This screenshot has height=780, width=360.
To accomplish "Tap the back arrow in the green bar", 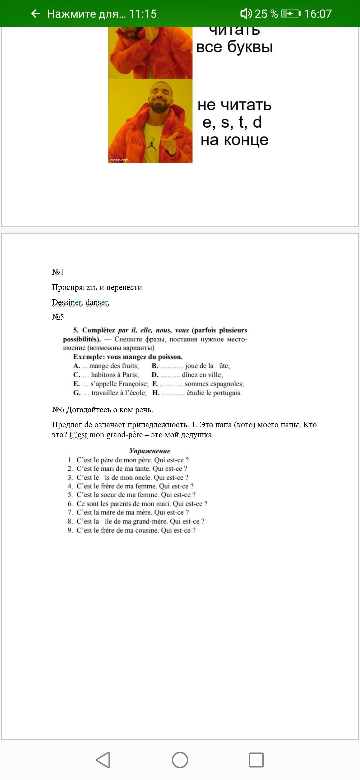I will pos(35,14).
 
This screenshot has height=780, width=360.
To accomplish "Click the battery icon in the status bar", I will pos(290,14).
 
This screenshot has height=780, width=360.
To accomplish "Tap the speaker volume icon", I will pos(246,14).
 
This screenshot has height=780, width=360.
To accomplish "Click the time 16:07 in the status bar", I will pos(318,14).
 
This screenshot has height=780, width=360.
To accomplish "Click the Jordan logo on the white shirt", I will pos(152,144).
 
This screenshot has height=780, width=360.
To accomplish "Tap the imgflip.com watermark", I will pos(119,160).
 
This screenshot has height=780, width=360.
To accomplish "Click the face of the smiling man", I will pos(161,97).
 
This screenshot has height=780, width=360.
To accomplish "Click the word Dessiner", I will pos(67,302).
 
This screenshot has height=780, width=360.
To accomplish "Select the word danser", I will pos(97,302).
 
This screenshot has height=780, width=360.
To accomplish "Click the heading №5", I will pos(58,317).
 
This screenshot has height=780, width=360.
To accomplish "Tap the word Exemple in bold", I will pos(89,357).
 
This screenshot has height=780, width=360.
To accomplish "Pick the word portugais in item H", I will pos(227,393).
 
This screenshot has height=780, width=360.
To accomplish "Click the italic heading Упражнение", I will pos(150,451).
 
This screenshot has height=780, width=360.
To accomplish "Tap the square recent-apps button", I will pos(256,760).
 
